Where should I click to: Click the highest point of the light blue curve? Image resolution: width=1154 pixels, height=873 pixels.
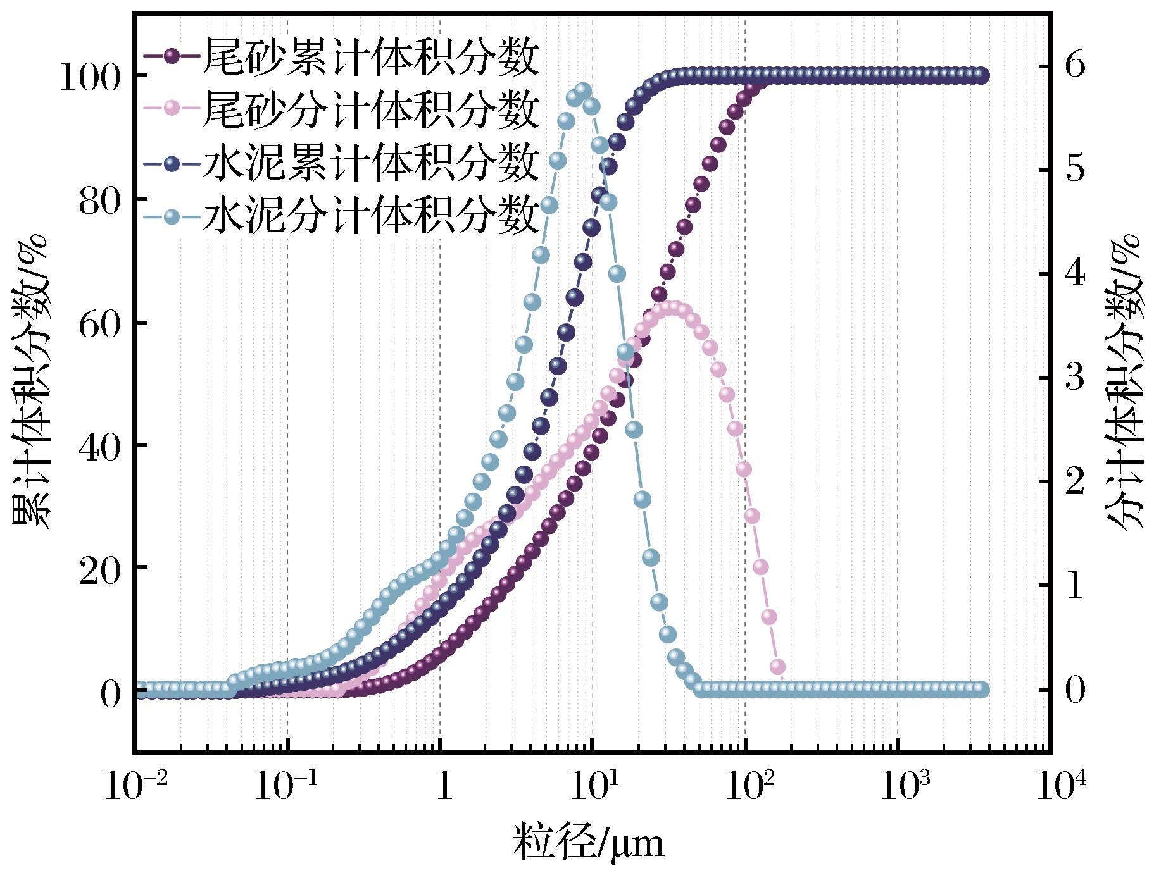[x=583, y=90]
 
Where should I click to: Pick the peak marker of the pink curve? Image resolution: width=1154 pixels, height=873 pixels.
[x=674, y=308]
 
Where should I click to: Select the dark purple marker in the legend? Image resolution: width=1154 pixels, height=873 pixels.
[x=172, y=56]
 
